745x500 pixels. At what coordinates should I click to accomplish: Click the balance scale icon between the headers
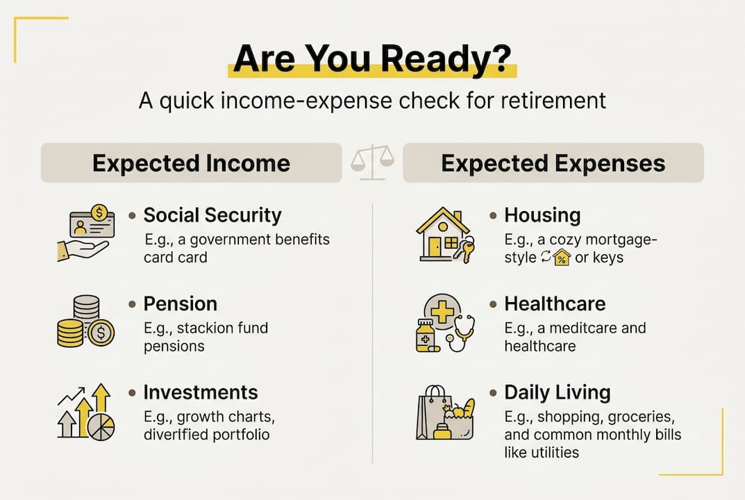(372, 162)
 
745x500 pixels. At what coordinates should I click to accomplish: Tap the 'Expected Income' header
(191, 163)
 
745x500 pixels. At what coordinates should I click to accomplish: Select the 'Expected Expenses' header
(553, 163)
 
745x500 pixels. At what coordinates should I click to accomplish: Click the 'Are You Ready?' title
(372, 60)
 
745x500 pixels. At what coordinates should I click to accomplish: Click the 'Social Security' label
(212, 215)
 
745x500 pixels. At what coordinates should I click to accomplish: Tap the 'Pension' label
(180, 303)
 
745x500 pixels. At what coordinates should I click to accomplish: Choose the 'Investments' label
(201, 392)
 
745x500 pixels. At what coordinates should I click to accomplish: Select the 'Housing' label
(542, 215)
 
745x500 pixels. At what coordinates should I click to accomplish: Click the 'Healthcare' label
(555, 303)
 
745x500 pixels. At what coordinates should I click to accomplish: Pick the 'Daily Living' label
(558, 392)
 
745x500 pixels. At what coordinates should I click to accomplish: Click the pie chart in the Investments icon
(101, 426)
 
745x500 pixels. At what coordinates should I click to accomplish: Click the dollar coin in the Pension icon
(101, 333)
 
